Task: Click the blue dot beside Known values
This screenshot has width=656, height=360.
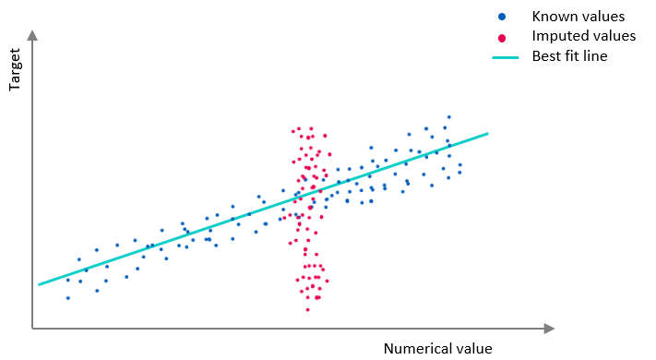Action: [x=502, y=17]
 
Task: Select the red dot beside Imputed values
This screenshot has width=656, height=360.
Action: [x=502, y=37]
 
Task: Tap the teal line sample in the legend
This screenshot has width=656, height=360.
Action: [x=505, y=57]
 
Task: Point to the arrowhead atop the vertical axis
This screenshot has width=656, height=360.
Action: [x=32, y=35]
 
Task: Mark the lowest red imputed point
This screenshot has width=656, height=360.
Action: [x=308, y=309]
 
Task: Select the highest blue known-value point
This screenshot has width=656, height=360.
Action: [x=448, y=117]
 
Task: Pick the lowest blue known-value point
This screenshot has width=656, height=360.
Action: [x=67, y=297]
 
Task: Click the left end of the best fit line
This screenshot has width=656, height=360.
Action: [x=39, y=284]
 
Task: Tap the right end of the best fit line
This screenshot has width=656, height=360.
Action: [x=487, y=134]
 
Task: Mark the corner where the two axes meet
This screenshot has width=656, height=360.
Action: [x=32, y=328]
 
